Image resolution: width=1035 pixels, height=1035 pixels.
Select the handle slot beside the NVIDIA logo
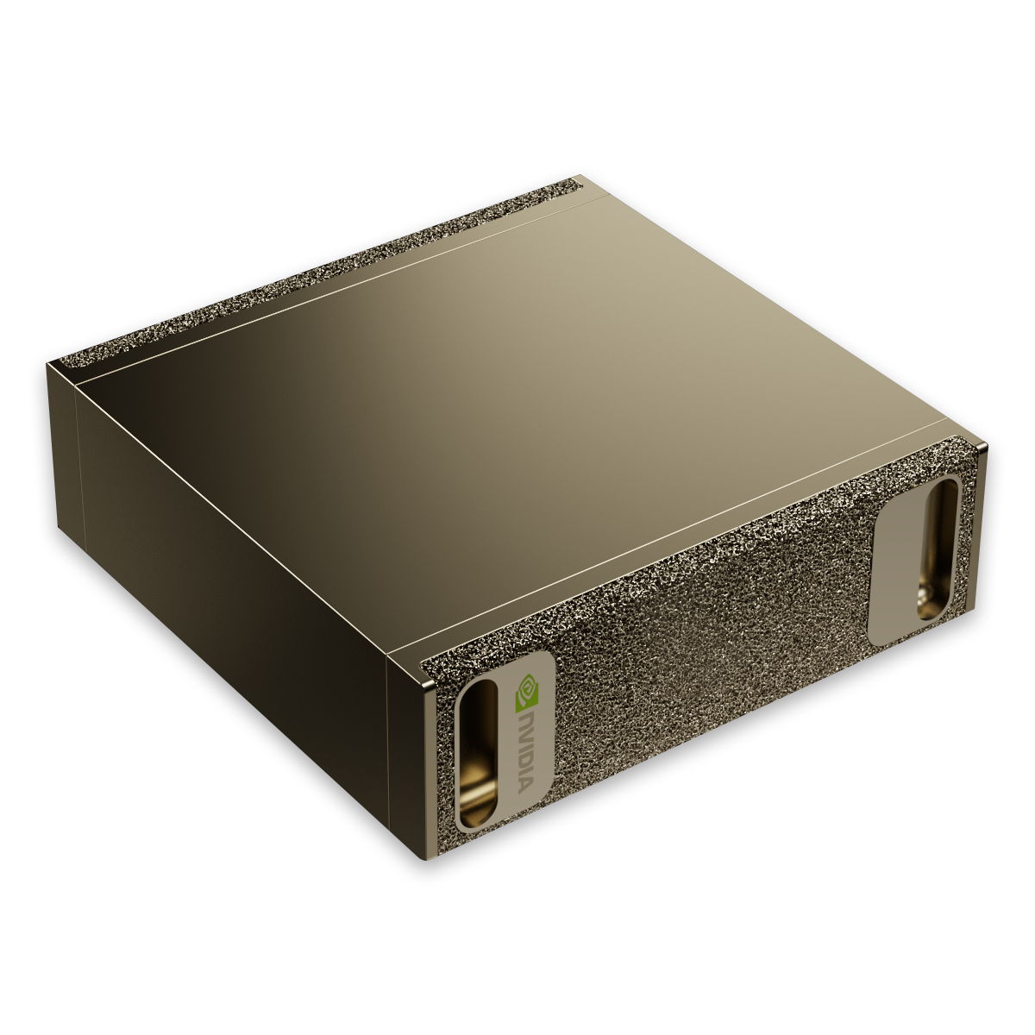pyautogui.click(x=477, y=750)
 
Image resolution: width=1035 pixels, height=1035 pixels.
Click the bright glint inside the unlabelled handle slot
pyautogui.click(x=932, y=599)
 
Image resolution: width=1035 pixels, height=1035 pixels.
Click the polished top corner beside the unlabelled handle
pyautogui.click(x=981, y=448)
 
